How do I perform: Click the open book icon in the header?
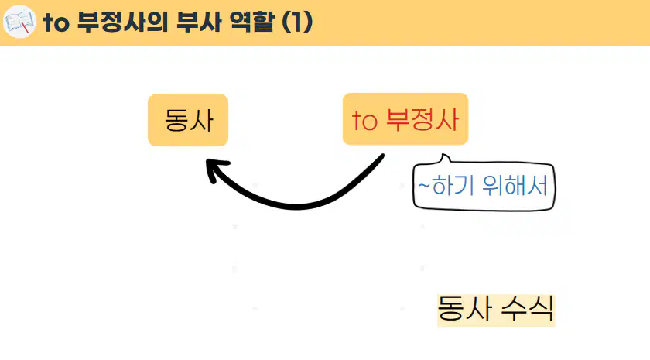(19, 22)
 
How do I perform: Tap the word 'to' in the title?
(56, 22)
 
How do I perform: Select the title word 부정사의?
(123, 22)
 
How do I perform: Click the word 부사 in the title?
(199, 22)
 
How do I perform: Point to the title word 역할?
(252, 22)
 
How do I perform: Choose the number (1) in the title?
(297, 22)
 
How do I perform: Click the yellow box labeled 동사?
(188, 120)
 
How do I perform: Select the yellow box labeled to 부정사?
(405, 119)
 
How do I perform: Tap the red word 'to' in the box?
(364, 121)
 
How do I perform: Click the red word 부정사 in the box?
(422, 120)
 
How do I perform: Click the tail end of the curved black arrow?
(382, 156)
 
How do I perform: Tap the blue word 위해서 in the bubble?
(515, 185)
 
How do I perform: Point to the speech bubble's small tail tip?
(444, 155)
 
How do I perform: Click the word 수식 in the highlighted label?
(528, 309)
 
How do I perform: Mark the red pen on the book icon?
(25, 26)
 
